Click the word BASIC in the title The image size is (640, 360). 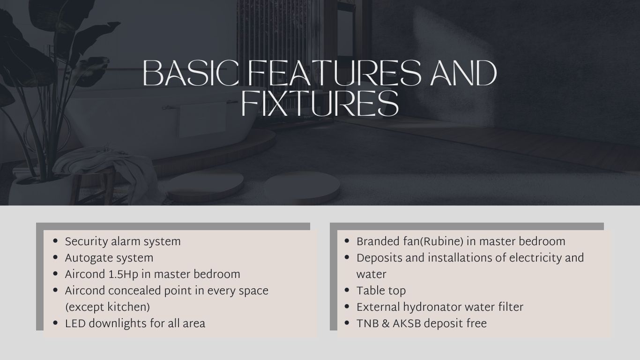[x=191, y=73]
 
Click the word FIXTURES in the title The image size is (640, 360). [x=320, y=104]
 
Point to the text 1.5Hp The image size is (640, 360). [x=123, y=275]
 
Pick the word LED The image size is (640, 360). [x=75, y=324]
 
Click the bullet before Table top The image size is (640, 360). [x=347, y=290]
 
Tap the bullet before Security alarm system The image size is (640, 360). [x=55, y=241]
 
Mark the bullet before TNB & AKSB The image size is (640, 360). [x=347, y=323]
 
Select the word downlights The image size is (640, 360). [x=118, y=324]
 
